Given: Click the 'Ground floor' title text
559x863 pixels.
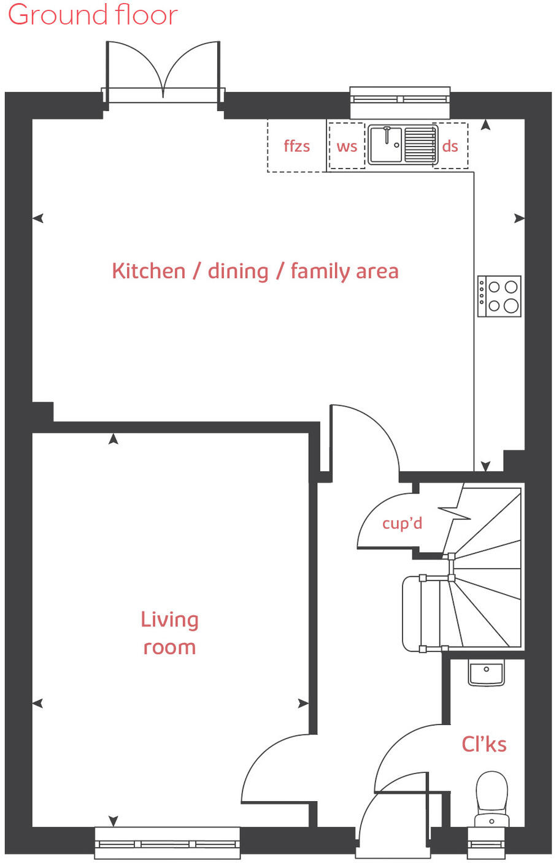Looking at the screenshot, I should click(x=93, y=15).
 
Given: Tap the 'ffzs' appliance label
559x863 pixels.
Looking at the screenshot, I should click(x=296, y=146).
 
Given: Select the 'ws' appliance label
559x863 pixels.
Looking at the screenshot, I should click(x=347, y=146).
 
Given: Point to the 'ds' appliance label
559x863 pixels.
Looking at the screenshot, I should click(x=450, y=146).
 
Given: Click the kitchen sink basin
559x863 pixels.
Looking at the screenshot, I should click(x=386, y=146).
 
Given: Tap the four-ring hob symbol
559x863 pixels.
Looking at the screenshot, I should click(x=499, y=296).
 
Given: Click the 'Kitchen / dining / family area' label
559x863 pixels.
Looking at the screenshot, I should click(x=255, y=271).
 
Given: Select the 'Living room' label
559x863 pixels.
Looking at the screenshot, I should click(x=169, y=633).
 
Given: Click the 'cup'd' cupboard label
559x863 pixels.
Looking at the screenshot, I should click(x=402, y=523).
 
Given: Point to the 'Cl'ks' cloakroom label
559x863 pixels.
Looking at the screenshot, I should click(x=484, y=744).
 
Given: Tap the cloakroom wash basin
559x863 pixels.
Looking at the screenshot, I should click(x=486, y=673).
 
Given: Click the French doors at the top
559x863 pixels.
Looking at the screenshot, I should click(x=163, y=70).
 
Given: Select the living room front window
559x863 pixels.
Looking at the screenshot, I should click(x=167, y=843).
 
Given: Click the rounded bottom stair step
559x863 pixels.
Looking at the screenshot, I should click(x=411, y=614).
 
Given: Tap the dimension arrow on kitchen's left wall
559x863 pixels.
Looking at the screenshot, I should click(x=38, y=218).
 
